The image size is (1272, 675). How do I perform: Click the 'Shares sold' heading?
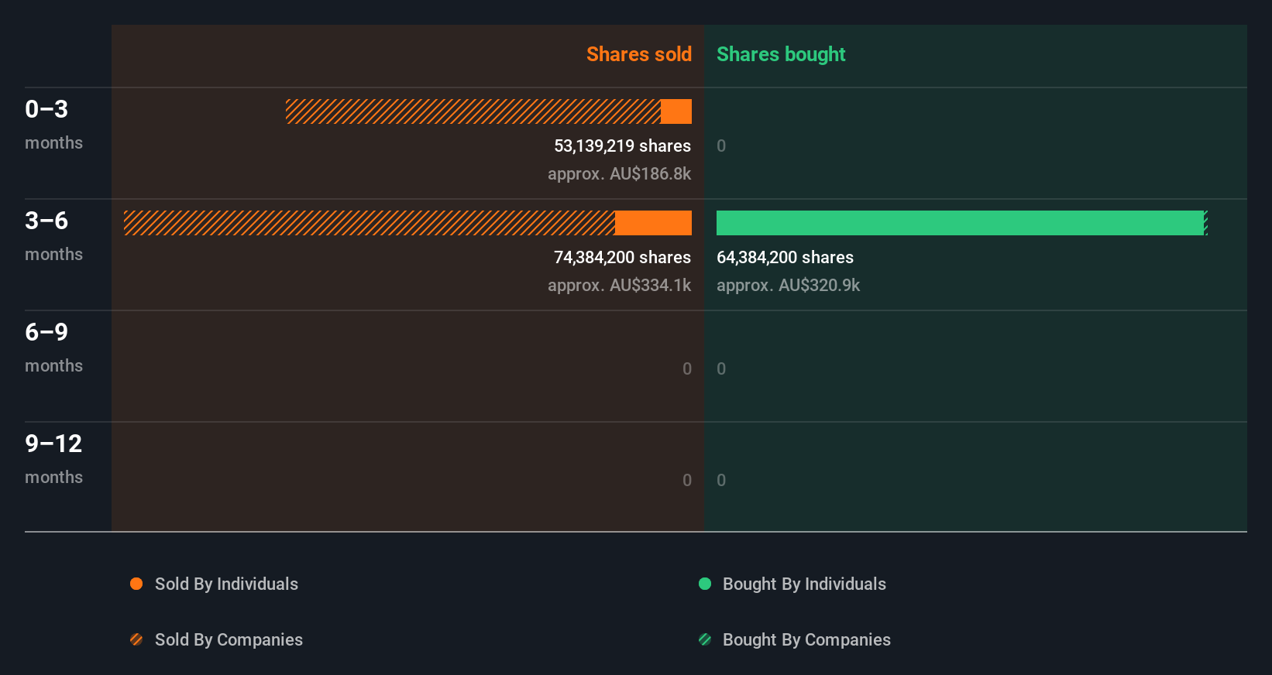[x=638, y=54]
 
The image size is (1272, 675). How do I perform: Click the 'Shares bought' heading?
[x=780, y=54]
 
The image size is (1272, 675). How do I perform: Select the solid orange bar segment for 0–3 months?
[x=676, y=111]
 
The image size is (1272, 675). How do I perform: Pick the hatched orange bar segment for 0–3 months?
[x=473, y=111]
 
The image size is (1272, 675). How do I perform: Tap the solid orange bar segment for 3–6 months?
[x=653, y=223]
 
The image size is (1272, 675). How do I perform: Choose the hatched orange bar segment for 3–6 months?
[x=369, y=223]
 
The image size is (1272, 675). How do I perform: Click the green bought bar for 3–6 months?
[x=960, y=223]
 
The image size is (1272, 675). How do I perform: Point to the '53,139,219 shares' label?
[x=622, y=146]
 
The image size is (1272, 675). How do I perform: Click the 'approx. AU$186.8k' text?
[x=619, y=173]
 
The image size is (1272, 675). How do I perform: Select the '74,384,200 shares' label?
[x=622, y=257]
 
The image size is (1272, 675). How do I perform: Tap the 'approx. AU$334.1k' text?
[x=619, y=285]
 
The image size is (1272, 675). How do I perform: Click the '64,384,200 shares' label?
[x=785, y=257]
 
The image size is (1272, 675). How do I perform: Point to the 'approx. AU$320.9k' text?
[x=788, y=285]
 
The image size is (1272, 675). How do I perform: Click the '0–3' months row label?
[x=46, y=109]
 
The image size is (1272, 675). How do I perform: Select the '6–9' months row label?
[x=46, y=332]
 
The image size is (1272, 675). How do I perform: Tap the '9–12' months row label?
[x=53, y=444]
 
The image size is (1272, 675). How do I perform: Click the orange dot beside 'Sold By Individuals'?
[x=136, y=584]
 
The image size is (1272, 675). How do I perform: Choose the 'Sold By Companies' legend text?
[x=229, y=639]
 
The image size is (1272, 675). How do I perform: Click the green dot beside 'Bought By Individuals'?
[x=705, y=584]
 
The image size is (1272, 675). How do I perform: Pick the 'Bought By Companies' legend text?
[x=806, y=639]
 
